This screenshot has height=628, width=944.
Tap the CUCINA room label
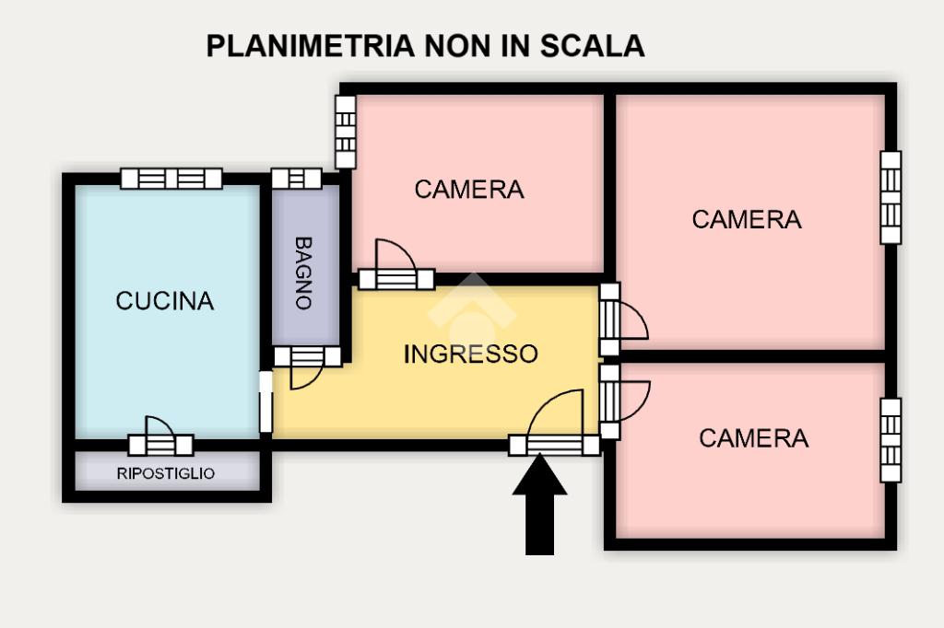[165, 301]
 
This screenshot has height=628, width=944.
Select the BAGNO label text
[303, 273]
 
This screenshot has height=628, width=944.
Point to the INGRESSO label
[471, 355]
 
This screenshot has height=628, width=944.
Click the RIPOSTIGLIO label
[166, 474]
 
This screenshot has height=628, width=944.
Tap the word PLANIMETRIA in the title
[310, 46]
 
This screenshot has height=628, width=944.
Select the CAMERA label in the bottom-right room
[753, 438]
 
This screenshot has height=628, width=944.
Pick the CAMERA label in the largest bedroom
[747, 220]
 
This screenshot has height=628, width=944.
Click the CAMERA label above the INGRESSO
[468, 190]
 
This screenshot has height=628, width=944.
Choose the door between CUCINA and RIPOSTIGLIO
[160, 437]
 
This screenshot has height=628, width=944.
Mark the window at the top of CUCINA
[171, 179]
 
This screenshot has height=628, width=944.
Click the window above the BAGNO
[297, 179]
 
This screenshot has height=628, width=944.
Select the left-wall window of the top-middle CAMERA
[345, 133]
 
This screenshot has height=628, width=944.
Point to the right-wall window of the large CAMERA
[891, 197]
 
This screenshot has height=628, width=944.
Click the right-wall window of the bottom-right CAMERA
[891, 440]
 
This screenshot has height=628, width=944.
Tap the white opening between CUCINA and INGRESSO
[265, 401]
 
